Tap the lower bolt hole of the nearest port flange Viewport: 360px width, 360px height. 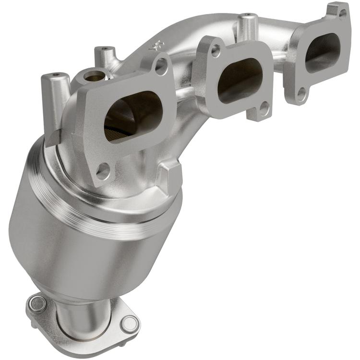click(x=102, y=169)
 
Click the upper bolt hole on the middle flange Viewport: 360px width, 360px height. click(x=216, y=50)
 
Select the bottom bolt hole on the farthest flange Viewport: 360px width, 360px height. click(x=301, y=94)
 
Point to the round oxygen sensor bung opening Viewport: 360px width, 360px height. click(x=94, y=75)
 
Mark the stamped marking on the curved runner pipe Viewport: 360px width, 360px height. click(x=155, y=46)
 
